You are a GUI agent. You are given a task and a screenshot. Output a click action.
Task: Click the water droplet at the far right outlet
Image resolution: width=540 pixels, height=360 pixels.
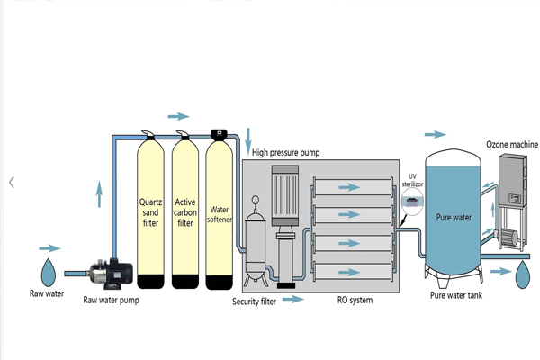tap(522, 275)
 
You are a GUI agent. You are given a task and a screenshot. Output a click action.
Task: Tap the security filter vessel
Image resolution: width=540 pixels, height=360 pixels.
tap(256, 238)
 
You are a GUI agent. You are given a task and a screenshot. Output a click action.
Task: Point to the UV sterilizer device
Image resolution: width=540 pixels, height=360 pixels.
tap(409, 204)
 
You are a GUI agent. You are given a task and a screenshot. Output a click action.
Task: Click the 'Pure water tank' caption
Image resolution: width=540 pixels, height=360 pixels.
tap(455, 294)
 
